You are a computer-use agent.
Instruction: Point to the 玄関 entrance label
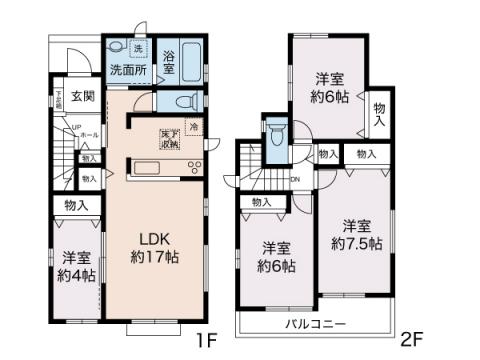click(83, 96)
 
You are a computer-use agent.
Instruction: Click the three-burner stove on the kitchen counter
click(193, 166)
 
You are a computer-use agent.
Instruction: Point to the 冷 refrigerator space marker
click(194, 127)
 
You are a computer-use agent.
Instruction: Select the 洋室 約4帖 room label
click(74, 264)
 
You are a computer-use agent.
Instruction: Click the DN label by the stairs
click(295, 180)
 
